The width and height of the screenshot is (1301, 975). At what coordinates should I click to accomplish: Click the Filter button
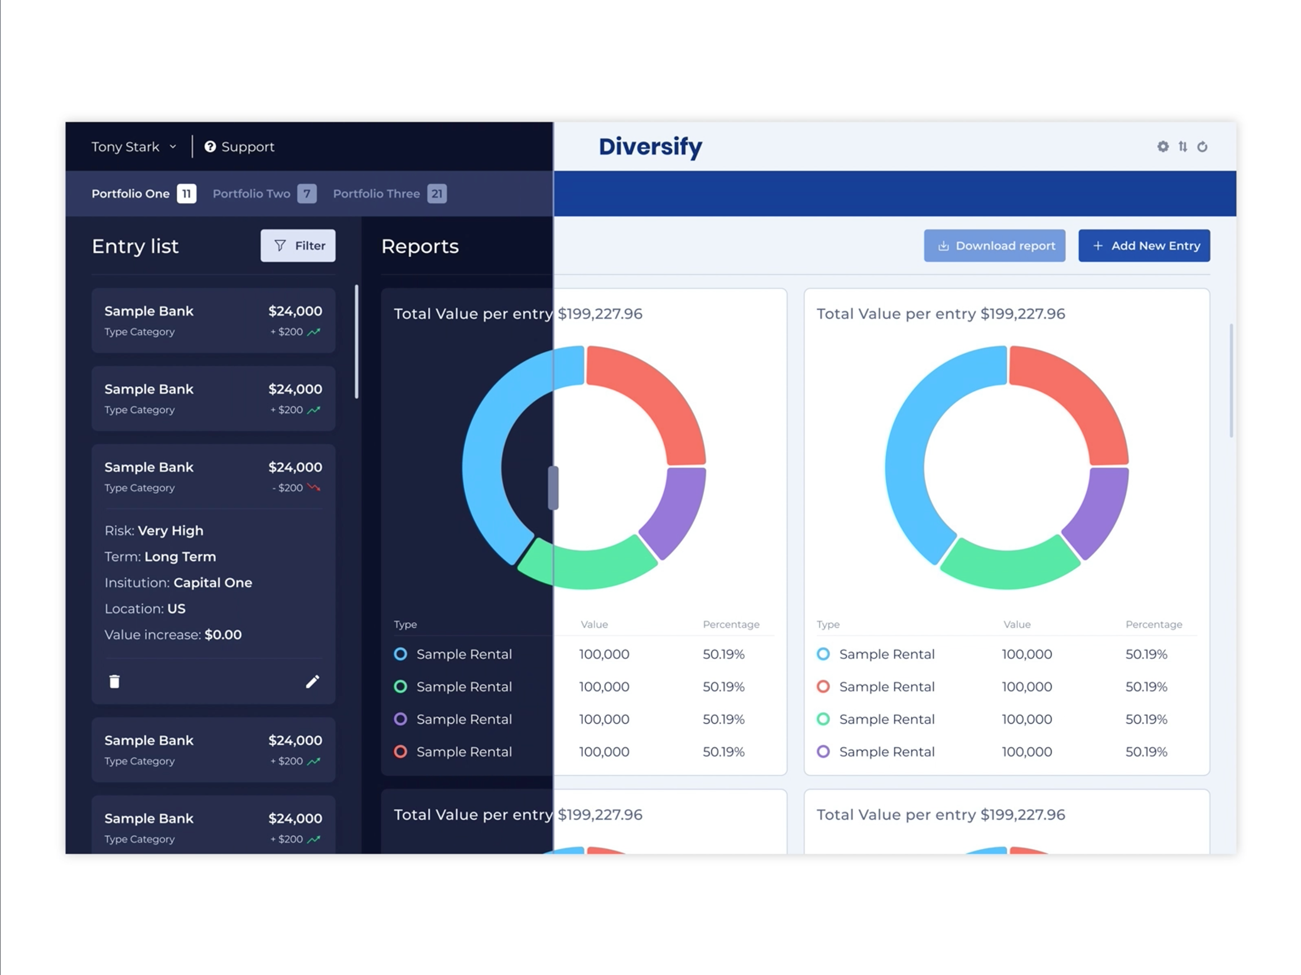tap(297, 245)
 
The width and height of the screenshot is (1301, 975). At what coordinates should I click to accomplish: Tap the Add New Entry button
tap(1143, 245)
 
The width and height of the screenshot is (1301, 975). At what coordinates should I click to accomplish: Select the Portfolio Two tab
tap(252, 194)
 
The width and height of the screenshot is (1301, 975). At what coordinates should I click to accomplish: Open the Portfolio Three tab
tap(376, 194)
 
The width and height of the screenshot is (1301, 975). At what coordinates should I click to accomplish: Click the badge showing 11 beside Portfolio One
tap(186, 194)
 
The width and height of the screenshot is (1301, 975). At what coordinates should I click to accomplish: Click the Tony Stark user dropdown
tap(133, 147)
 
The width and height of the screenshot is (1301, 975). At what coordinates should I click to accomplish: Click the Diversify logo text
tap(650, 147)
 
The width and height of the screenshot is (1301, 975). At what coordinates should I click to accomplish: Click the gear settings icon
tap(1163, 147)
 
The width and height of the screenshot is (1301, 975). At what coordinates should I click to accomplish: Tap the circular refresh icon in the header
tap(1202, 147)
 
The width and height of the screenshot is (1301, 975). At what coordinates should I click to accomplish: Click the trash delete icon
tap(115, 681)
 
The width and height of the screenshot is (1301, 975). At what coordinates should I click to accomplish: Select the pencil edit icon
tap(312, 681)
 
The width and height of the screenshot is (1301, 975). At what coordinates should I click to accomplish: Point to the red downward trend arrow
tap(314, 487)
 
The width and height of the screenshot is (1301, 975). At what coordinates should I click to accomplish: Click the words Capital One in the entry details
tap(213, 582)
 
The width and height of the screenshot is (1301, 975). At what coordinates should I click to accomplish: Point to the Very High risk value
tap(170, 531)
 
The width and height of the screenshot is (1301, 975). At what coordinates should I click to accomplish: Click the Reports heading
tap(419, 246)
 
